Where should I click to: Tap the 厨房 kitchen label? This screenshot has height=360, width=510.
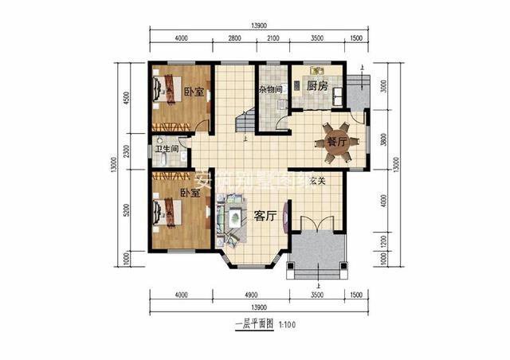[x=318, y=85]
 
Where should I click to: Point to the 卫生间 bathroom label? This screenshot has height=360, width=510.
[x=166, y=148]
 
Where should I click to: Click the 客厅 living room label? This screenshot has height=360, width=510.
[x=265, y=215]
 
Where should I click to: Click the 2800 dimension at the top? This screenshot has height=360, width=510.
[x=234, y=37]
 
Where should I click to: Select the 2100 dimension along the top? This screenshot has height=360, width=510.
[x=273, y=37]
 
